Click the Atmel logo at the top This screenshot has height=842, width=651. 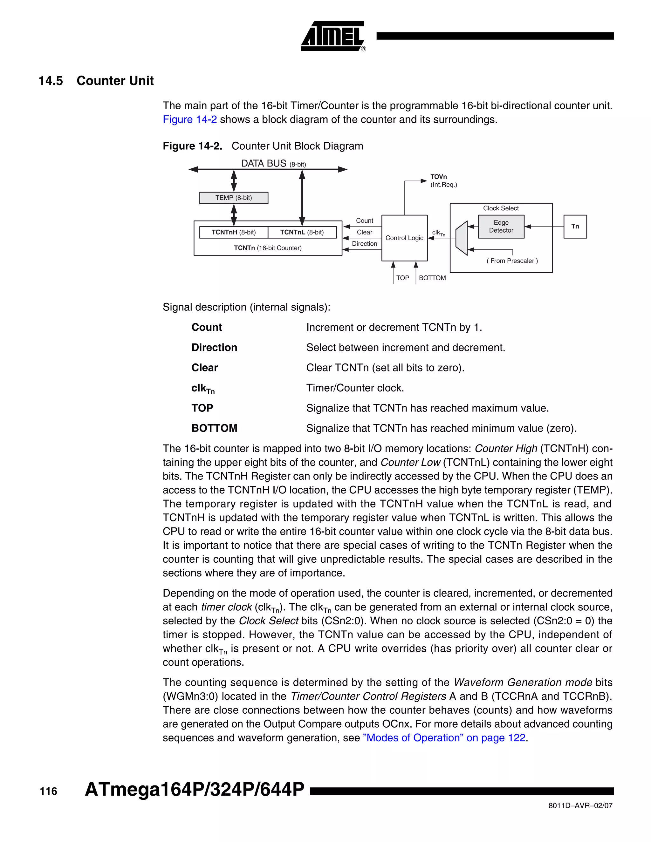tap(332, 36)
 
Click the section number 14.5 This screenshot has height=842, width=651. tap(51, 81)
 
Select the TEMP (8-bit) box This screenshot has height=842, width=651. tap(233, 198)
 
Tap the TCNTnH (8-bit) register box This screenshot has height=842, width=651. tap(233, 232)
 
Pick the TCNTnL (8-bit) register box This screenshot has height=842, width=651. tap(302, 232)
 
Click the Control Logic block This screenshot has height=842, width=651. tap(404, 238)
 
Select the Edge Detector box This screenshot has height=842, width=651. tap(501, 226)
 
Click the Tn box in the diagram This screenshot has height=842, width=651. tap(575, 226)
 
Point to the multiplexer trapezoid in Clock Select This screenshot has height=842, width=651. tap(461, 238)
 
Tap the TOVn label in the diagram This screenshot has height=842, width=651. tap(438, 177)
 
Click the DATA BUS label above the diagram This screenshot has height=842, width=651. tap(264, 163)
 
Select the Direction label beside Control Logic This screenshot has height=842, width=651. tap(365, 244)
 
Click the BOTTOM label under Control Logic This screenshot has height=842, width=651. tap(432, 278)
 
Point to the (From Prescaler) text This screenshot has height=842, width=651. tap(512, 261)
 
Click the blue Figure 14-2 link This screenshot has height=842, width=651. tap(190, 119)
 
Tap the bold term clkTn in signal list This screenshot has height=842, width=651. tap(203, 388)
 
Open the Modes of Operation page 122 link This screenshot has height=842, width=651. tap(444, 737)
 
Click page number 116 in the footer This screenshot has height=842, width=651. tap(48, 791)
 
